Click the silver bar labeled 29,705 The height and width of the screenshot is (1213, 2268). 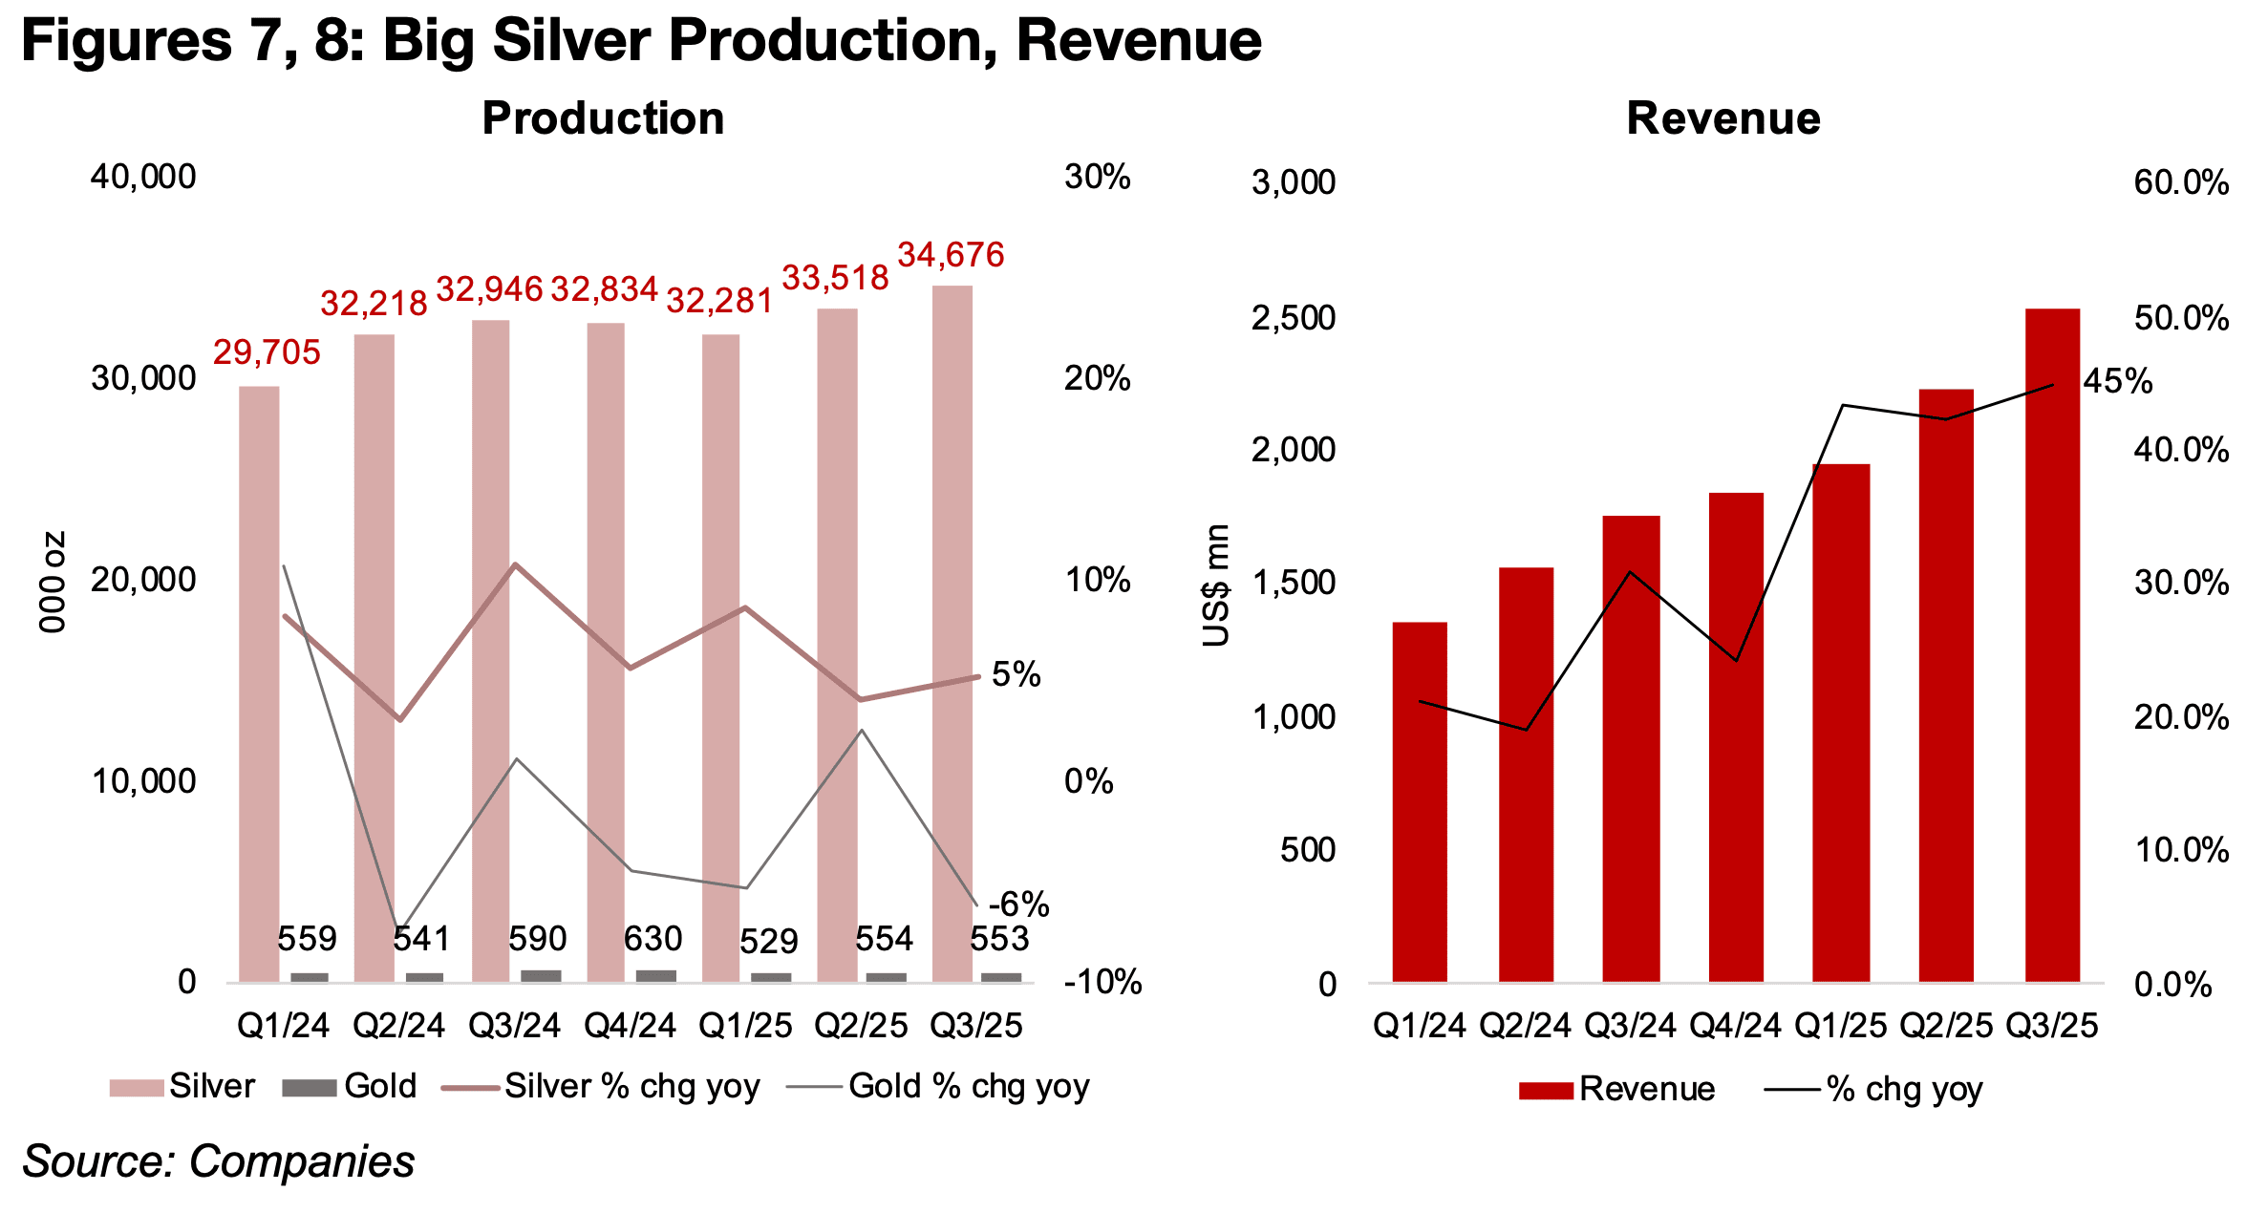coord(259,683)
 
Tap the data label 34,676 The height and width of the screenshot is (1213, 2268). coord(951,255)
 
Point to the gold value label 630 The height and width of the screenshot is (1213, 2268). coord(653,939)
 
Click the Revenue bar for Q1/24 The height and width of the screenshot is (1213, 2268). coord(1419,802)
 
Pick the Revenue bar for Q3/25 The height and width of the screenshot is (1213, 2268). coord(2051,645)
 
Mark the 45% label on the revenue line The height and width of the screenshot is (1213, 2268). coord(2117,382)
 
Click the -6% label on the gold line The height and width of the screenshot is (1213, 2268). coord(1018,904)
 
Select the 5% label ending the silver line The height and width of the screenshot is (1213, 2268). coord(1016,674)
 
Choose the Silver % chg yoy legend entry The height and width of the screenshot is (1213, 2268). coord(631,1087)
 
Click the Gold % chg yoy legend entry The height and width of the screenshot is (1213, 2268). coord(968,1087)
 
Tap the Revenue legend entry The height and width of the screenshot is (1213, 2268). coord(1646,1089)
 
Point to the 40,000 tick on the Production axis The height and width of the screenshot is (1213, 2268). coord(143,177)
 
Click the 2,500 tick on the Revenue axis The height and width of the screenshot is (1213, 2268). coord(1293,318)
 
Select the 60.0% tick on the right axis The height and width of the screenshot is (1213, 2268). coord(2181,182)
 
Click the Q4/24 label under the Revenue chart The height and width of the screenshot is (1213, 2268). coord(1735,1026)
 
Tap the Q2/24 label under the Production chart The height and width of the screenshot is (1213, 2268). coord(398,1026)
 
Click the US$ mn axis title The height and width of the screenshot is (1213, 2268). coord(1216,585)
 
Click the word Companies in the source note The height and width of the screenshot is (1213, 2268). coord(302,1161)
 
